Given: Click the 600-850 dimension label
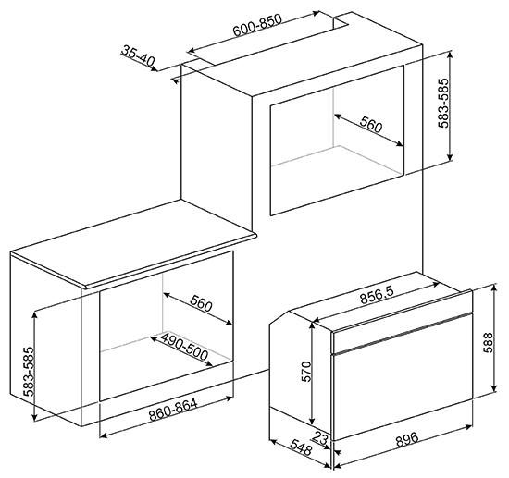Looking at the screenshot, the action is coord(257,25).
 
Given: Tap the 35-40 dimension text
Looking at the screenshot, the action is coord(138,55).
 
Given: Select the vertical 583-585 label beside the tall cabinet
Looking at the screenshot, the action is coord(443,104).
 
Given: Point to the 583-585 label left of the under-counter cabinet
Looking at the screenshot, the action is coord(29,372).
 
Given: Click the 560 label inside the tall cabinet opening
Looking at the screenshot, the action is coord(371,125).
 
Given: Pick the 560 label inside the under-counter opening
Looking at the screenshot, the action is coord(201,303).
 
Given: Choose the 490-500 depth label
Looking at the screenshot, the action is coord(184,347).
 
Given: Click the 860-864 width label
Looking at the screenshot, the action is coord(173,410).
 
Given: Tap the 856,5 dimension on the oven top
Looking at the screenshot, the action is coord(377,295).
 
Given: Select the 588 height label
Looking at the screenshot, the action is coord(488,342).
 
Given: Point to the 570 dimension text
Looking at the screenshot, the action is coord(306,371).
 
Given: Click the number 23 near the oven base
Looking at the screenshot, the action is coord(320,438).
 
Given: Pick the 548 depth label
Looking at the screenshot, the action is coord(300,447).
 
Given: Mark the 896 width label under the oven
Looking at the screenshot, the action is coord(407,440).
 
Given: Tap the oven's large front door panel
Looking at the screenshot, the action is coord(403,393).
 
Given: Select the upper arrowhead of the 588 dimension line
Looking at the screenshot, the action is coord(494,288).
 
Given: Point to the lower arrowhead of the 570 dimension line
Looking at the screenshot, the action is coord(312,422).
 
